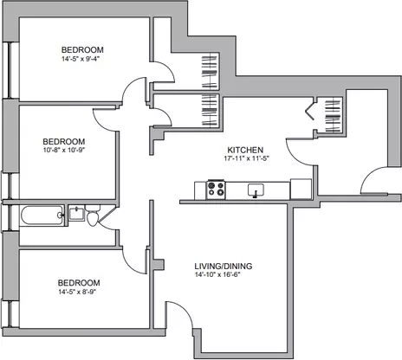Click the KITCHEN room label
[x=245, y=150]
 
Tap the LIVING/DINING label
[x=224, y=266]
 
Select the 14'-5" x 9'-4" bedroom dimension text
[x=82, y=59]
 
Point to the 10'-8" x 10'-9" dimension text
[x=64, y=150]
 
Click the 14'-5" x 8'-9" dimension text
[x=77, y=292]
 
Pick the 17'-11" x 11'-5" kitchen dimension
[x=246, y=158]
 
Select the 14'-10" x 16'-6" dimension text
[x=217, y=274]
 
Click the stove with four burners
[x=216, y=190]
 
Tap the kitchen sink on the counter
[x=256, y=190]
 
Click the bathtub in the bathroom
[x=42, y=215]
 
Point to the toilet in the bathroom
[x=93, y=215]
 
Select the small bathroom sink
[x=77, y=214]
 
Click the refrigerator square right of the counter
[x=301, y=190]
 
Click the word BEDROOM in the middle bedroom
[x=64, y=142]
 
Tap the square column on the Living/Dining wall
[x=159, y=265]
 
